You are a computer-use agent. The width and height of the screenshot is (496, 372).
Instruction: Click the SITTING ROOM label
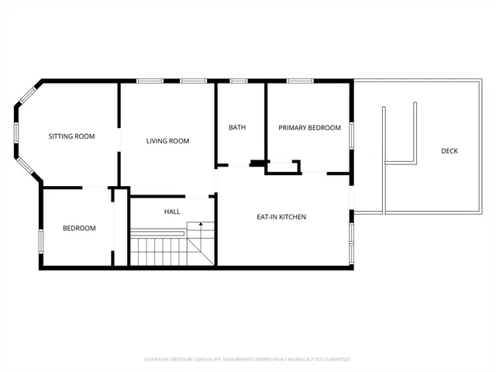click(71, 136)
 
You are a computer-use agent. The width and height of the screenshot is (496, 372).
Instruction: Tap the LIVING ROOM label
click(168, 141)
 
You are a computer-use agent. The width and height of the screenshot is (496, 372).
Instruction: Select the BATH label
click(237, 127)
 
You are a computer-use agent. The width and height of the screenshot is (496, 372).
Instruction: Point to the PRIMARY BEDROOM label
click(310, 128)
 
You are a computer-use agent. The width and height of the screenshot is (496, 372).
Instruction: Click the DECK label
click(449, 150)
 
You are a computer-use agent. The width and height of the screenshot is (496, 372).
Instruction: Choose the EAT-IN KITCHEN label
click(281, 217)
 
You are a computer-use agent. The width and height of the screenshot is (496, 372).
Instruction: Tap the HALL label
click(172, 212)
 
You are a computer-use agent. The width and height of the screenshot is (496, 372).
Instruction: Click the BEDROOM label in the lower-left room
click(79, 228)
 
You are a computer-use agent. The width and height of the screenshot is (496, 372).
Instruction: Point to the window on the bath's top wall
click(239, 81)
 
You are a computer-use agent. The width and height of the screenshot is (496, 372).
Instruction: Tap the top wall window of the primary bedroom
click(300, 81)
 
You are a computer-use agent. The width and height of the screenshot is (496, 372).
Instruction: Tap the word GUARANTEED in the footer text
click(334, 360)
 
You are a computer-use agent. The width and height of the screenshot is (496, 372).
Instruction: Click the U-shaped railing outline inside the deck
click(400, 136)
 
